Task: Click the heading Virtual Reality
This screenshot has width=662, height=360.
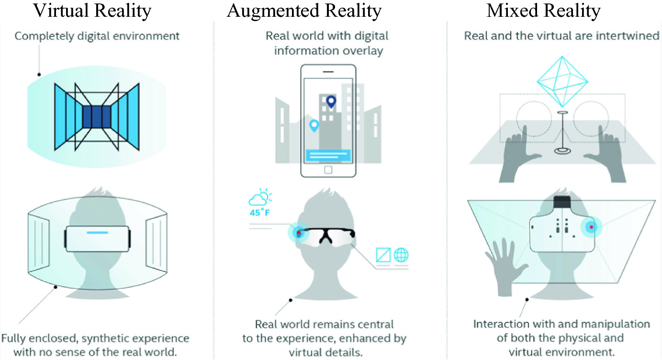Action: (x=92, y=11)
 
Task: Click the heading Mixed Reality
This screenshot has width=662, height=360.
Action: (x=543, y=11)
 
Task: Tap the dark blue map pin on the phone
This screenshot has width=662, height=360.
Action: (x=331, y=102)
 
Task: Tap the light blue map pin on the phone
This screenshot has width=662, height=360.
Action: (x=314, y=125)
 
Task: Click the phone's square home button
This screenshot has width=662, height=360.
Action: (x=328, y=170)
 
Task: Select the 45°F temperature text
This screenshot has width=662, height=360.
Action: (x=259, y=212)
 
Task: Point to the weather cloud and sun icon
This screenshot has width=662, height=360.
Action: (x=260, y=197)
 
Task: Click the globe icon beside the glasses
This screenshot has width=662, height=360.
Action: (x=401, y=255)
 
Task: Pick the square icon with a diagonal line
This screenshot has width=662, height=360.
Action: (x=383, y=255)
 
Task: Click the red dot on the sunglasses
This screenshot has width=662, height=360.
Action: (x=299, y=233)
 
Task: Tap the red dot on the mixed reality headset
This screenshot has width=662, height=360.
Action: (x=591, y=227)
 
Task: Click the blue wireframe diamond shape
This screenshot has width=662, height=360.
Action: (x=562, y=81)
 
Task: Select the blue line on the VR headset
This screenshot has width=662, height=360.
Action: (x=98, y=233)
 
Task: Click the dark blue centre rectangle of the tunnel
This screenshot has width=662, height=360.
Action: (x=97, y=117)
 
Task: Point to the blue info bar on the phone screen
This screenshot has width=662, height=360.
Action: (x=328, y=156)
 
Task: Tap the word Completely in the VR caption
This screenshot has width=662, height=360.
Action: (x=45, y=36)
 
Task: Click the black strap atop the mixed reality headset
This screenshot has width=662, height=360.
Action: (x=562, y=202)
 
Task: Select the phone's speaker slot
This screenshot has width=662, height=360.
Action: (x=328, y=71)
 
